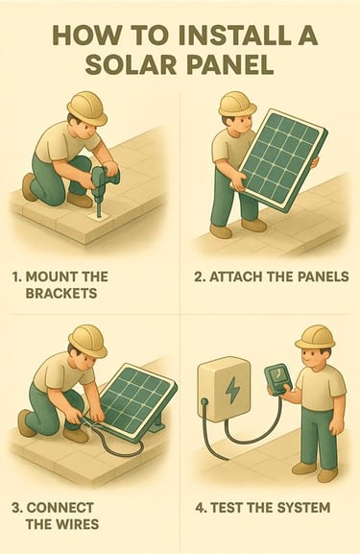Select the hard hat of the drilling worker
tap(87, 108)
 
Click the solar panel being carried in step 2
tap(278, 160)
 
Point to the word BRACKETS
tap(61, 293)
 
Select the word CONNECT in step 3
tap(60, 508)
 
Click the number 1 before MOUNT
tap(16, 277)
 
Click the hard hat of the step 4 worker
tap(316, 337)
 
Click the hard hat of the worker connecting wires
tap(88, 341)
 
